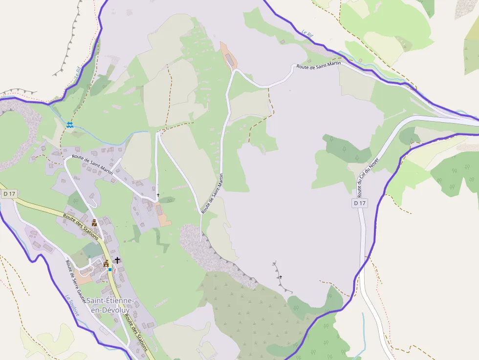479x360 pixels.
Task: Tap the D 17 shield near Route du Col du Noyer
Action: (359, 203)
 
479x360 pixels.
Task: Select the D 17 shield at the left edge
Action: (9, 194)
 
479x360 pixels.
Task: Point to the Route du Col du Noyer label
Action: (368, 173)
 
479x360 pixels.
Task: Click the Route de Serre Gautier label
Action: (75, 281)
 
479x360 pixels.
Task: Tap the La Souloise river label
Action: (72, 305)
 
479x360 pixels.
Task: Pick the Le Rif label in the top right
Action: (307, 34)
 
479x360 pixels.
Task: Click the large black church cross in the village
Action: (117, 260)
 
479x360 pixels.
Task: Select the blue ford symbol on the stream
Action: (70, 125)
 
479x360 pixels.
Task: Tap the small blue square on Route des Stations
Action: (110, 269)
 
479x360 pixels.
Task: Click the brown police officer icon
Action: (94, 223)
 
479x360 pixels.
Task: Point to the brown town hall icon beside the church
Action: (106, 264)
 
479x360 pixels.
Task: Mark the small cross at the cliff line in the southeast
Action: (281, 277)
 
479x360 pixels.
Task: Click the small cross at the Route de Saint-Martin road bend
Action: (158, 195)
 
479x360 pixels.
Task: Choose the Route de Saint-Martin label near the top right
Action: (319, 66)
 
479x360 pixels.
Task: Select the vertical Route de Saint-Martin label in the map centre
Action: (214, 193)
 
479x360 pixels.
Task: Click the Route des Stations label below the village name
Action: (136, 332)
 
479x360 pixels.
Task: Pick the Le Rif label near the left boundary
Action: (78, 73)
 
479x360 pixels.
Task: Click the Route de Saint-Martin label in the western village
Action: (92, 165)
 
